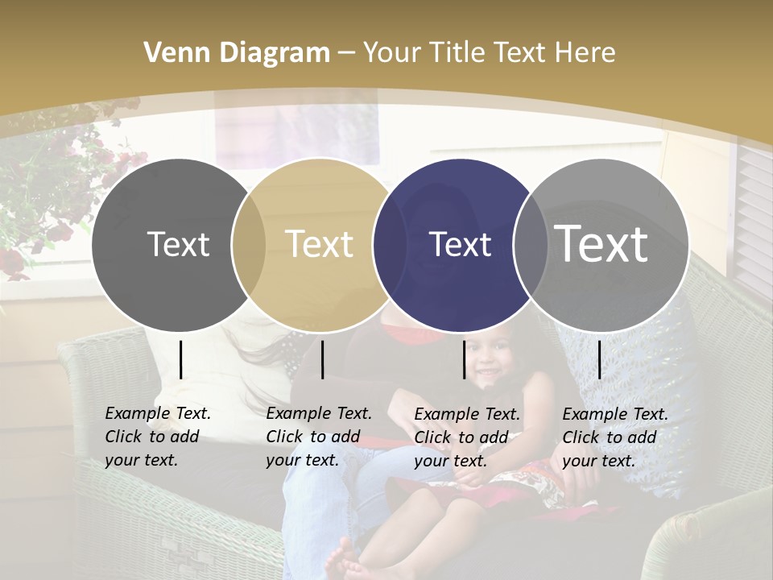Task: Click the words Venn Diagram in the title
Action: tap(237, 53)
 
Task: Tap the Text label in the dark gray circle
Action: tap(178, 244)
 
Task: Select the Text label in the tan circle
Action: tap(320, 244)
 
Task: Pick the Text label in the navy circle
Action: tap(461, 244)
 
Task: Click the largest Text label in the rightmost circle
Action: tap(601, 244)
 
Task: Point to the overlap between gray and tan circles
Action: tap(249, 244)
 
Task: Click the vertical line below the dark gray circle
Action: tap(181, 359)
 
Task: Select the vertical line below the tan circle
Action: tap(322, 359)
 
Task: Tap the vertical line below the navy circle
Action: tap(465, 359)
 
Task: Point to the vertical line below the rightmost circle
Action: tap(599, 359)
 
